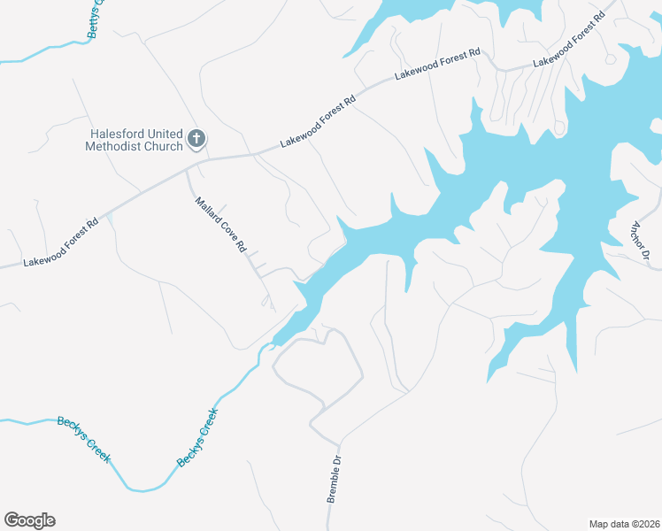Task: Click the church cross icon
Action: (x=196, y=140)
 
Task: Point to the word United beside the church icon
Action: (x=160, y=135)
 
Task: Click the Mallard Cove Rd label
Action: (x=220, y=226)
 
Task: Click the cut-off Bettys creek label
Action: (x=96, y=18)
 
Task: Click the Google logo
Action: (x=29, y=520)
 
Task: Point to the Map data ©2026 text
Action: (x=624, y=523)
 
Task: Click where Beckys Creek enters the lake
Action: (x=273, y=343)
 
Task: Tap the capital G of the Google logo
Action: (x=12, y=519)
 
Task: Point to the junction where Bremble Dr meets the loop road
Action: (x=339, y=442)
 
